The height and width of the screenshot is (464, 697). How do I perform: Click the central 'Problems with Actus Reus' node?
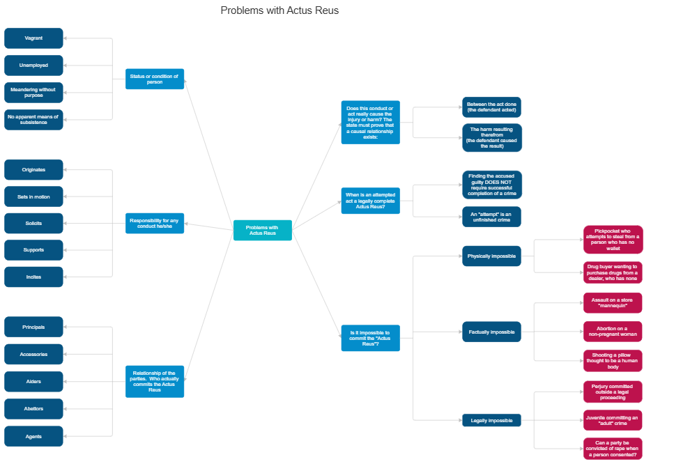pyautogui.click(x=263, y=230)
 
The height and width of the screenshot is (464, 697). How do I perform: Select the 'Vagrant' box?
pyautogui.click(x=33, y=38)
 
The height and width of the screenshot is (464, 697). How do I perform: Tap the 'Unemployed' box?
pyautogui.click(x=33, y=65)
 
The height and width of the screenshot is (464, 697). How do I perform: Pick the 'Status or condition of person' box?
pyautogui.click(x=155, y=79)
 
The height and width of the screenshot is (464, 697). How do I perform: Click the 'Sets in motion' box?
pyautogui.click(x=33, y=197)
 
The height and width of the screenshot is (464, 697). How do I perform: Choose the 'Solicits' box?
pyautogui.click(x=33, y=224)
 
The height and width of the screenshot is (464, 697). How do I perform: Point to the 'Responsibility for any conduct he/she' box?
pyautogui.click(x=155, y=224)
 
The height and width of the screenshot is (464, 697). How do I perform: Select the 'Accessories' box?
pyautogui.click(x=33, y=355)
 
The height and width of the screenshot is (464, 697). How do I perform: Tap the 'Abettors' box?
pyautogui.click(x=33, y=409)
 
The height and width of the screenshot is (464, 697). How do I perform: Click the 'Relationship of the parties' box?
pyautogui.click(x=155, y=381)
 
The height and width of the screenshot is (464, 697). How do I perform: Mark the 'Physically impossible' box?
pyautogui.click(x=491, y=256)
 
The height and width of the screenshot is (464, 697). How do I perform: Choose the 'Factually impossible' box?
pyautogui.click(x=491, y=332)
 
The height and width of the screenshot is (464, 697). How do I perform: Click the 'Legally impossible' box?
pyautogui.click(x=491, y=420)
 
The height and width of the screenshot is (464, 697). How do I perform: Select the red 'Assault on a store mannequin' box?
pyautogui.click(x=613, y=303)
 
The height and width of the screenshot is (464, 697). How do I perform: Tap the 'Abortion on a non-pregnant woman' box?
pyautogui.click(x=613, y=332)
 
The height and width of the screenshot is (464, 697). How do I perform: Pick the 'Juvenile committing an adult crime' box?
pyautogui.click(x=613, y=420)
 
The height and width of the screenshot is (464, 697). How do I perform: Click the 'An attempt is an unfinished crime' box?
pyautogui.click(x=491, y=217)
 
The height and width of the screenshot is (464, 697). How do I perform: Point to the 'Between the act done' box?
pyautogui.click(x=491, y=107)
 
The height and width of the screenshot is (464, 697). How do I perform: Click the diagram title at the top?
pyautogui.click(x=279, y=10)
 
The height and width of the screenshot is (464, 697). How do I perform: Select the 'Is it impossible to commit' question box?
pyautogui.click(x=370, y=338)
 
